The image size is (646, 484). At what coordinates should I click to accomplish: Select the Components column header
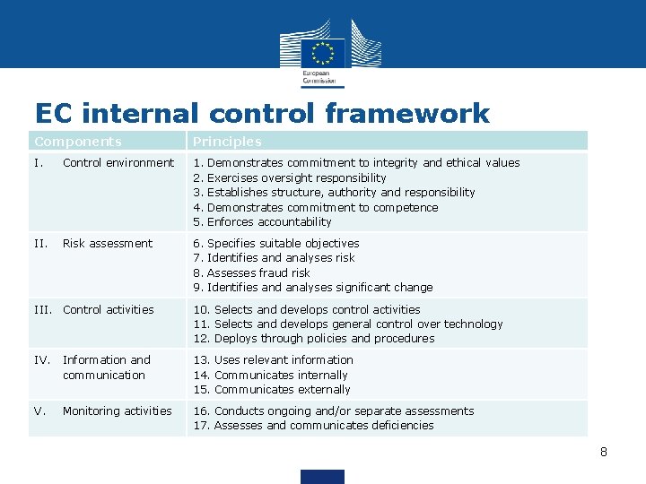[x=78, y=142]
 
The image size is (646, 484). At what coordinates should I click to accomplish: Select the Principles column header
[x=228, y=142]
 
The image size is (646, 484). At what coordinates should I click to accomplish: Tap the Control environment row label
[x=118, y=163]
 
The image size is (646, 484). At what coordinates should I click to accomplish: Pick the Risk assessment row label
[x=108, y=244]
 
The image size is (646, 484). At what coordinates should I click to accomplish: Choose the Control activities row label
[x=108, y=310]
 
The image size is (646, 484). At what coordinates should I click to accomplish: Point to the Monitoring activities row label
[x=117, y=411]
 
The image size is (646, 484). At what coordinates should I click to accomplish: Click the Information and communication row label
[x=106, y=367]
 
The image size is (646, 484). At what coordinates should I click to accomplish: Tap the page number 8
[x=604, y=452]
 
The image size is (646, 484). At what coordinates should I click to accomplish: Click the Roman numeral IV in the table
[x=41, y=360]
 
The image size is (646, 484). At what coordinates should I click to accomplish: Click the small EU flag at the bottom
[x=322, y=476]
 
